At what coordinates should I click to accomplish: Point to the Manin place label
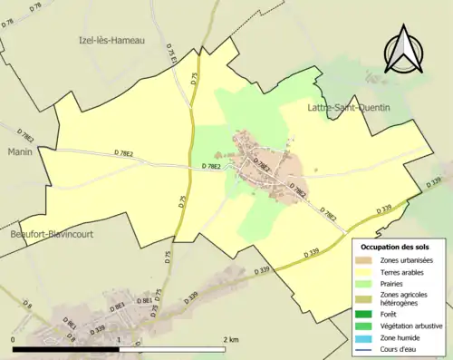point(21,151)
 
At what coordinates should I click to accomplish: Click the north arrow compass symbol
point(406,50)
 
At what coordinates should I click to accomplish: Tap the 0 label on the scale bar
point(14,339)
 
